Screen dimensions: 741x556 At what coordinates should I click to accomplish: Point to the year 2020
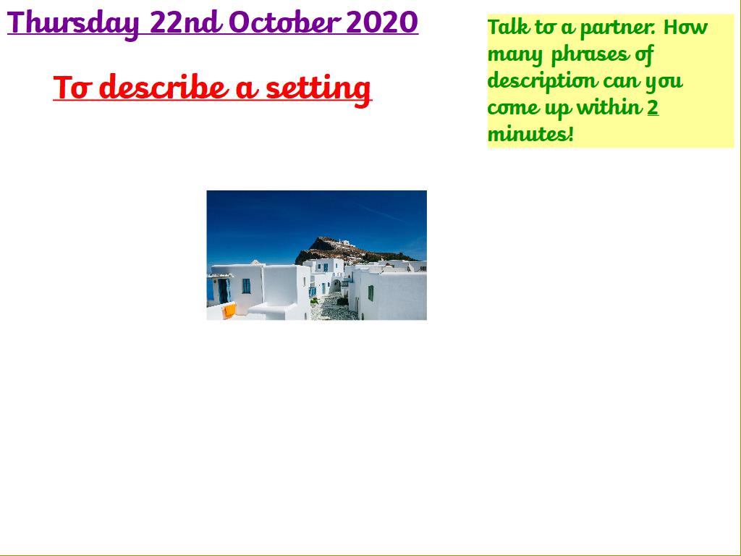pyautogui.click(x=382, y=22)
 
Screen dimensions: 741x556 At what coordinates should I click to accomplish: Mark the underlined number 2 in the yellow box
pyautogui.click(x=653, y=107)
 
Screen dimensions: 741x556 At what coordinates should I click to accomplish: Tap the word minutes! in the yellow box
pyautogui.click(x=530, y=134)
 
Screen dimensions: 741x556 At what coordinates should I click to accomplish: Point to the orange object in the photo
pyautogui.click(x=229, y=310)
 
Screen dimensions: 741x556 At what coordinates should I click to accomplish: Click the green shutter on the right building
pyautogui.click(x=370, y=293)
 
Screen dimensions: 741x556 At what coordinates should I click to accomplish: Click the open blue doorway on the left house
pyautogui.click(x=224, y=291)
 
